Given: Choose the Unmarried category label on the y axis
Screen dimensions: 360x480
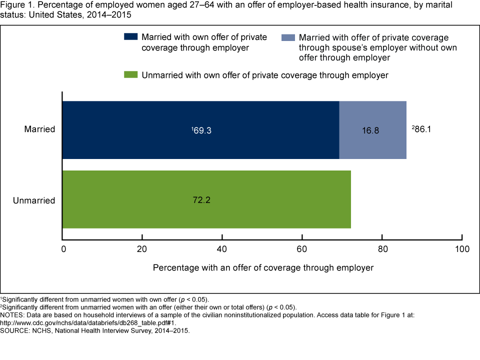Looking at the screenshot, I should point(34,200).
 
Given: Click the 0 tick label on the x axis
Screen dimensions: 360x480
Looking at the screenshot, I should point(63,248).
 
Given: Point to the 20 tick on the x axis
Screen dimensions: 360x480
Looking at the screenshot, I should point(142,248).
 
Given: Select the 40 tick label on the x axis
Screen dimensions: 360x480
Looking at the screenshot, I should point(222,248).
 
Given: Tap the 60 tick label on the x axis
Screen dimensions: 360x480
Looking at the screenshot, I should point(302,248).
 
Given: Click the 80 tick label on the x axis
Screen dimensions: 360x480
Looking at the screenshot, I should point(382,248).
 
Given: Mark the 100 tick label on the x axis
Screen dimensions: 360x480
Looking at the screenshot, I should point(462,248).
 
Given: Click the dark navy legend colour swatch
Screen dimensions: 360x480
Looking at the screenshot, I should point(130,37).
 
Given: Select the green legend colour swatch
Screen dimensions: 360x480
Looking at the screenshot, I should point(130,75).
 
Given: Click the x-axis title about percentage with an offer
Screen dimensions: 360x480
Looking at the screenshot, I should point(263,267).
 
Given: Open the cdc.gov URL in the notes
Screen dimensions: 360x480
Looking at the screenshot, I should point(88,323).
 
